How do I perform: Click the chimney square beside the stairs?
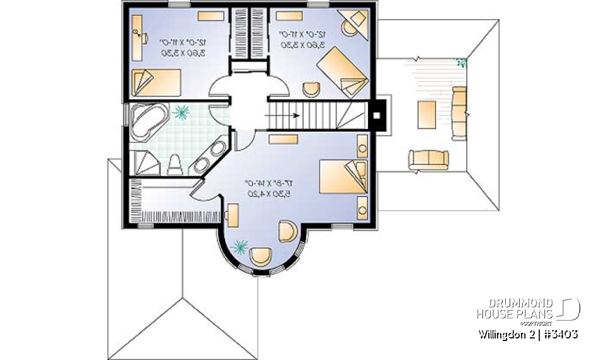377,116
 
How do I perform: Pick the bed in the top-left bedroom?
156,82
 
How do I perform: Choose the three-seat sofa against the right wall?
460,112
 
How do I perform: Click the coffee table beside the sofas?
426,114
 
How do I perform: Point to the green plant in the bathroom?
182,112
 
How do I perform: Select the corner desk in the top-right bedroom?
351,22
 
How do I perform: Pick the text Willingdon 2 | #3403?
527,333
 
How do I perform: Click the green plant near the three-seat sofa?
462,62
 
